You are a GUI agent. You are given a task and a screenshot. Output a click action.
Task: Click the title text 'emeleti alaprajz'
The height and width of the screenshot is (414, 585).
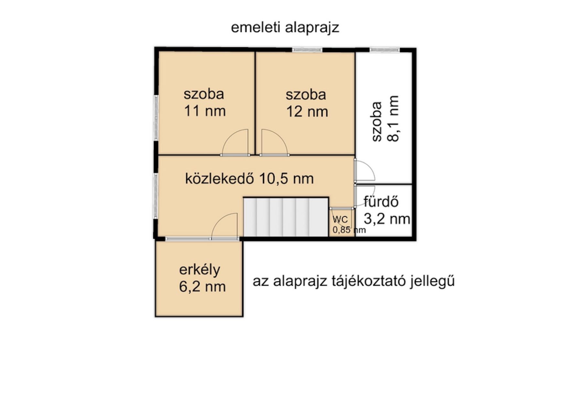(285, 28)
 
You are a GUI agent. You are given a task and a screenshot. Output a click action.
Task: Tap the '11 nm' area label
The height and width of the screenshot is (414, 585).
(205, 111)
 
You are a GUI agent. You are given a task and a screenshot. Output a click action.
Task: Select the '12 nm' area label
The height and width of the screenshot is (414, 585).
(307, 112)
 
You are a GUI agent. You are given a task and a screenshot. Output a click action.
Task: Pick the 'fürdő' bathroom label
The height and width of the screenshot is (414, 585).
(381, 202)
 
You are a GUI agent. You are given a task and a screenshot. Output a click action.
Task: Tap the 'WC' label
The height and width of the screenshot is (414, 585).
(340, 220)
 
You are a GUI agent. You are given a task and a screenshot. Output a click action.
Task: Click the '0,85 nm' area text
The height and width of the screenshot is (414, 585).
(349, 230)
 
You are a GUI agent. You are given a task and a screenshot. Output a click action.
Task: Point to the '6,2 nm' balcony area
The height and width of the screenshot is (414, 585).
(202, 287)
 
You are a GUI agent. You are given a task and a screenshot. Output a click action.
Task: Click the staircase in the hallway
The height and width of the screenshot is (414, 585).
(286, 217)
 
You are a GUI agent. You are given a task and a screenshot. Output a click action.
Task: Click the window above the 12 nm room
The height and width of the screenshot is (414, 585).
(307, 50)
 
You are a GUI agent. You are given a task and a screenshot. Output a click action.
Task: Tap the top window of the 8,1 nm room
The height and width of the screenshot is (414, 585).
(385, 50)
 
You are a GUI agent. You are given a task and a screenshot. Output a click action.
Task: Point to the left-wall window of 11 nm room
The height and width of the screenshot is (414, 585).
(156, 118)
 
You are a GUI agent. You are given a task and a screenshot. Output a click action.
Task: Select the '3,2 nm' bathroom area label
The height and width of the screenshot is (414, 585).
(387, 219)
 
